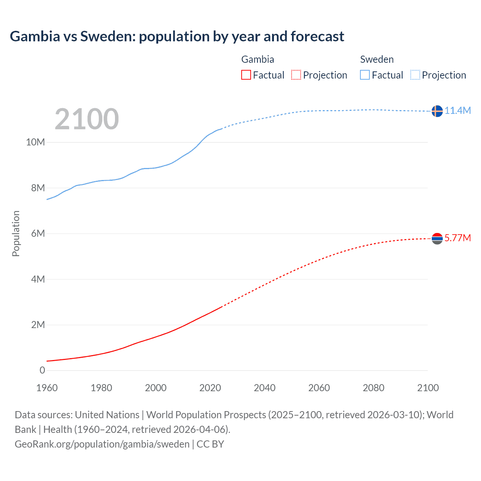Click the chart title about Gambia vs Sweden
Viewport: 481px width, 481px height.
[177, 36]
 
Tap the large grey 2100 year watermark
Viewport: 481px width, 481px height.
[87, 119]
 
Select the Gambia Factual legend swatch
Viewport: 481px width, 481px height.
[246, 75]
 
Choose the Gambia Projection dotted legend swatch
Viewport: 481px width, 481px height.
[296, 75]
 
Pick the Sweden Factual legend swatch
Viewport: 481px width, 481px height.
[365, 75]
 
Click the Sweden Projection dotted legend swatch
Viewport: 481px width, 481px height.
[415, 75]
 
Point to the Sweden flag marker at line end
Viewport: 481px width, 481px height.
[437, 111]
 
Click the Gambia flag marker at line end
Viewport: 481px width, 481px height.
[437, 238]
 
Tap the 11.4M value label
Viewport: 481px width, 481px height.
[458, 110]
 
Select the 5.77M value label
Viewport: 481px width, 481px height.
[458, 238]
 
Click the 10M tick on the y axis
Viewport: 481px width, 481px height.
[35, 142]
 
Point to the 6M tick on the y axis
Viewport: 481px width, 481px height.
[38, 233]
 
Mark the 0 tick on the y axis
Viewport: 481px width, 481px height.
[42, 370]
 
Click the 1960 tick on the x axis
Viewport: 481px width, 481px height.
[47, 388]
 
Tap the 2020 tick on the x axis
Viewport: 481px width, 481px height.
[210, 388]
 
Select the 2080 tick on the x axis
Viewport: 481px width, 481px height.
[374, 388]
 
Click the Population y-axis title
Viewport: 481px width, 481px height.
[16, 233]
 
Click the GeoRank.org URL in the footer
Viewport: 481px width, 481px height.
[102, 444]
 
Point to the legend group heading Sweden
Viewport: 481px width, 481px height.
[377, 59]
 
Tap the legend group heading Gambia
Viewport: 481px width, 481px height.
[257, 59]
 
